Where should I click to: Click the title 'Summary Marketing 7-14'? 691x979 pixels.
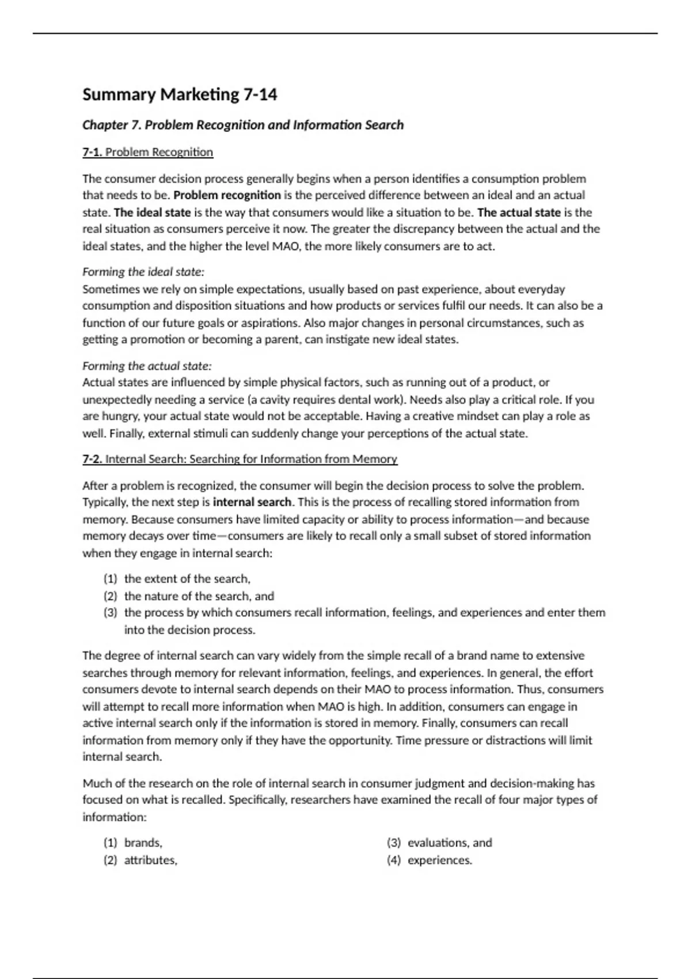[x=180, y=94]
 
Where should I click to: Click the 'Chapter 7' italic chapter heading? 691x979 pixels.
[x=242, y=125]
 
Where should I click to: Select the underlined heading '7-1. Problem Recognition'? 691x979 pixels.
[x=147, y=152]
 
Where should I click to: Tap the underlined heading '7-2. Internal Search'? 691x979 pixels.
[x=240, y=459]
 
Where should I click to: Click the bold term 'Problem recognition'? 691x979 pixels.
[x=227, y=195]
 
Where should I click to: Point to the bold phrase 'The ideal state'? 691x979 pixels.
[x=152, y=213]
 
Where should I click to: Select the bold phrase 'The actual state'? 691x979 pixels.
[x=519, y=213]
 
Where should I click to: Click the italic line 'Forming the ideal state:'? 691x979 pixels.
[x=143, y=272]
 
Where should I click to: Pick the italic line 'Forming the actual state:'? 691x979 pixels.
[x=147, y=366]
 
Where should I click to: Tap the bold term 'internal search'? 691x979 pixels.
[x=252, y=502]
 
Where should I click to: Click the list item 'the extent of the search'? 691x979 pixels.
[x=187, y=579]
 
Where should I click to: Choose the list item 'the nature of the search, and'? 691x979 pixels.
[x=199, y=596]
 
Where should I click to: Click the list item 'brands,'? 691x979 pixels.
[x=143, y=843]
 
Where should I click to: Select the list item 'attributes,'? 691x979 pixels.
[x=151, y=860]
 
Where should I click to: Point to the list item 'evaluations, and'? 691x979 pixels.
[x=450, y=843]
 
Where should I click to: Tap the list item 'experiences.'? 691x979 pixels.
[x=440, y=860]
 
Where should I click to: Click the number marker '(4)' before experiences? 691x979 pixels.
[x=394, y=860]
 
